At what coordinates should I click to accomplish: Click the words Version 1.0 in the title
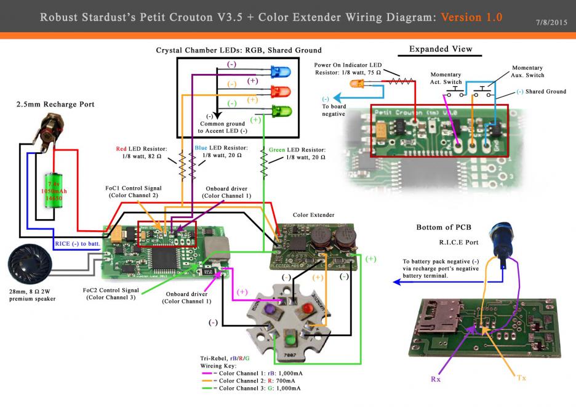click(471, 17)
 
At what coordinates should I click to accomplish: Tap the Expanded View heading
click(440, 48)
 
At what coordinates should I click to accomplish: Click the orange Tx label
click(522, 377)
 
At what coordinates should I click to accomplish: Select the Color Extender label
click(313, 215)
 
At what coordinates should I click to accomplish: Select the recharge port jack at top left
click(44, 130)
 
